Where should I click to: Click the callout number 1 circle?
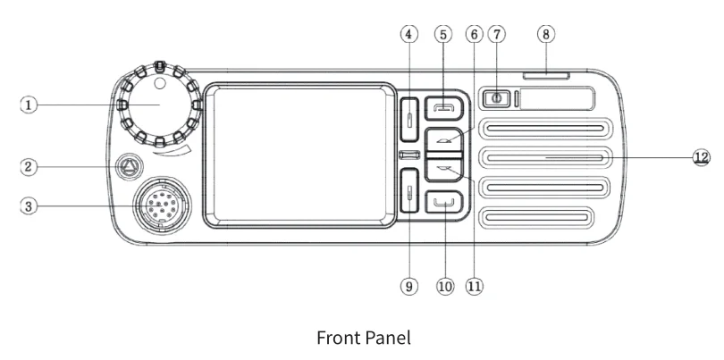(29, 105)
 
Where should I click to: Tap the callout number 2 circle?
(29, 166)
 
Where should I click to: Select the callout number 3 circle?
(29, 205)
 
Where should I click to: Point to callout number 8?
(544, 34)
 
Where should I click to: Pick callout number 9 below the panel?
(409, 287)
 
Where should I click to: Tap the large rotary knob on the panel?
(157, 105)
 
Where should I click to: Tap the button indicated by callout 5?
(443, 107)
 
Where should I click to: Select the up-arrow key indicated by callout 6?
(443, 139)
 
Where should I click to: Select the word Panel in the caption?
(387, 339)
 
